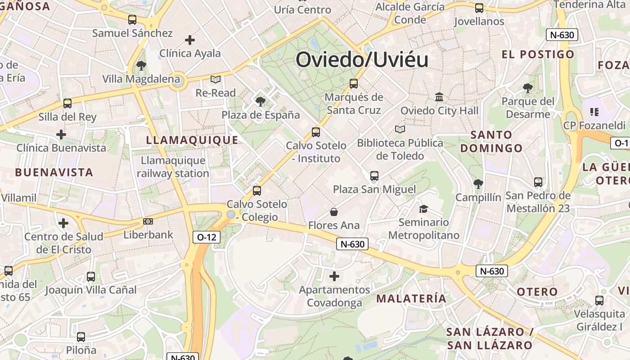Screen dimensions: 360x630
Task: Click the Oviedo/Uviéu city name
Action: [362, 60]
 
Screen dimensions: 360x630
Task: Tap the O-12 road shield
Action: [207, 237]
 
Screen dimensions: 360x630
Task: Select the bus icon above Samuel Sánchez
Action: [132, 20]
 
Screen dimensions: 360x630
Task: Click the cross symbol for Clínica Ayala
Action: [190, 40]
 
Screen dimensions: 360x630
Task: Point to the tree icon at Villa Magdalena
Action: [141, 66]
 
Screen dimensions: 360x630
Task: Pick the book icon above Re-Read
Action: [216, 80]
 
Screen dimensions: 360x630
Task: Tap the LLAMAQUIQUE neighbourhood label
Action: [192, 140]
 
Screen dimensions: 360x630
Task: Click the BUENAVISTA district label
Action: [54, 172]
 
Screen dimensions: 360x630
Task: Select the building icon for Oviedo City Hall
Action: [439, 97]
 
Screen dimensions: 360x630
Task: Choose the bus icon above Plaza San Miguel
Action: [374, 175]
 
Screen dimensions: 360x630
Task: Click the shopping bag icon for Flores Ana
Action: [334, 211]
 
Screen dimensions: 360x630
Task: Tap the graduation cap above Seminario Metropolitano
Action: [423, 208]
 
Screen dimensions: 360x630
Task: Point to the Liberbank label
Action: [148, 234]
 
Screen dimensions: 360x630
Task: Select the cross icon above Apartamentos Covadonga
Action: [334, 276]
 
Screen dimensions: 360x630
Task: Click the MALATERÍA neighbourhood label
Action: [411, 298]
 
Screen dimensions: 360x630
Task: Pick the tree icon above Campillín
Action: [478, 184]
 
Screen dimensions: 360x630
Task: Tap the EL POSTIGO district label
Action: [538, 54]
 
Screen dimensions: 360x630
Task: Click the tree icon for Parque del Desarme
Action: [528, 88]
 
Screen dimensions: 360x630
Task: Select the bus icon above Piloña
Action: [81, 337]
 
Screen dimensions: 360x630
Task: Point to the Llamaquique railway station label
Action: [173, 167]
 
